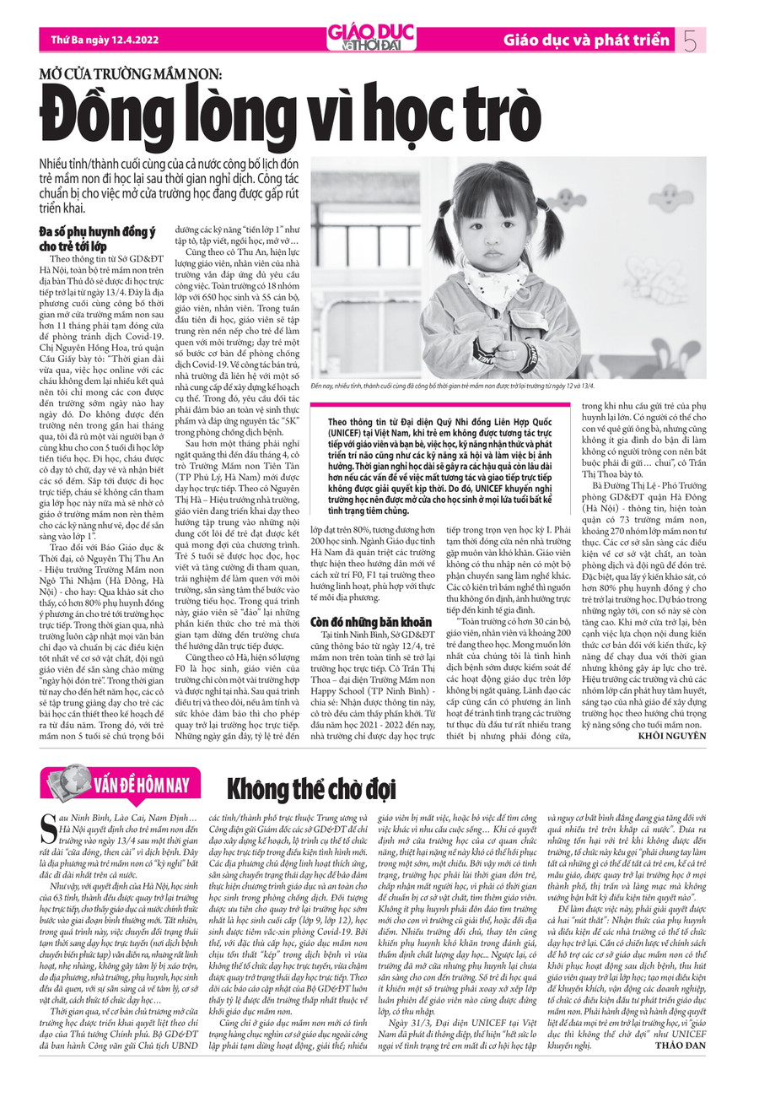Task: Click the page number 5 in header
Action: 690,39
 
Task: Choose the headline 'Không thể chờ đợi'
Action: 311,788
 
